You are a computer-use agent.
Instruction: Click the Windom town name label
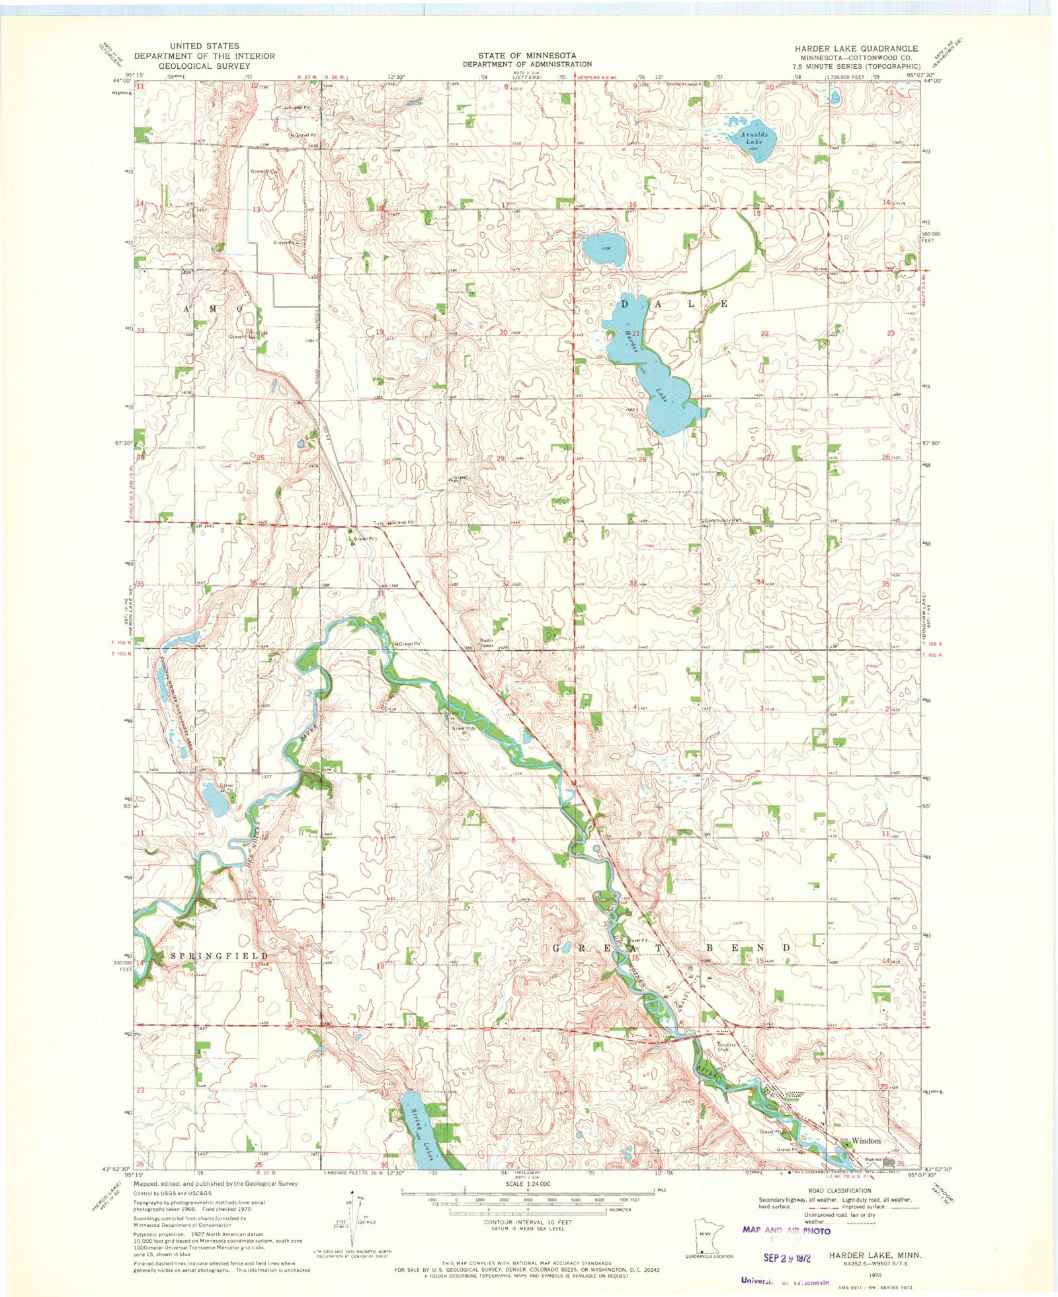pos(866,1140)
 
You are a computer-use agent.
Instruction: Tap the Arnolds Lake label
pos(753,138)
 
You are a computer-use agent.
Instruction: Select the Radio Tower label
pos(487,642)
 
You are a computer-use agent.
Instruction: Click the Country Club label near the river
pos(726,1047)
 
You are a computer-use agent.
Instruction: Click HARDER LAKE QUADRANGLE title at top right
pos(856,48)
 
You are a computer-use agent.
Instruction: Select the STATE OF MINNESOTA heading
pos(527,55)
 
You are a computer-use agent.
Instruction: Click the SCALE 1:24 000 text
pos(527,1184)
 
